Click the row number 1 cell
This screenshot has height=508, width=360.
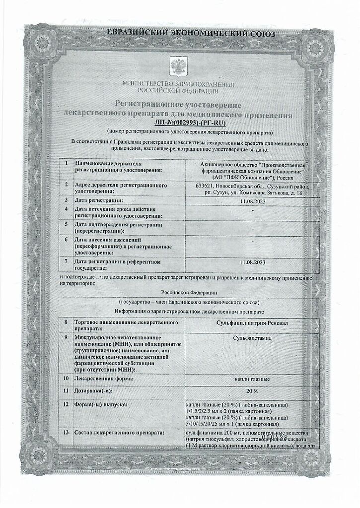(x=66, y=164)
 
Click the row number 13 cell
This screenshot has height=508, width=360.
(x=66, y=433)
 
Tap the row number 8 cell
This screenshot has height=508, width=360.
(x=66, y=322)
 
